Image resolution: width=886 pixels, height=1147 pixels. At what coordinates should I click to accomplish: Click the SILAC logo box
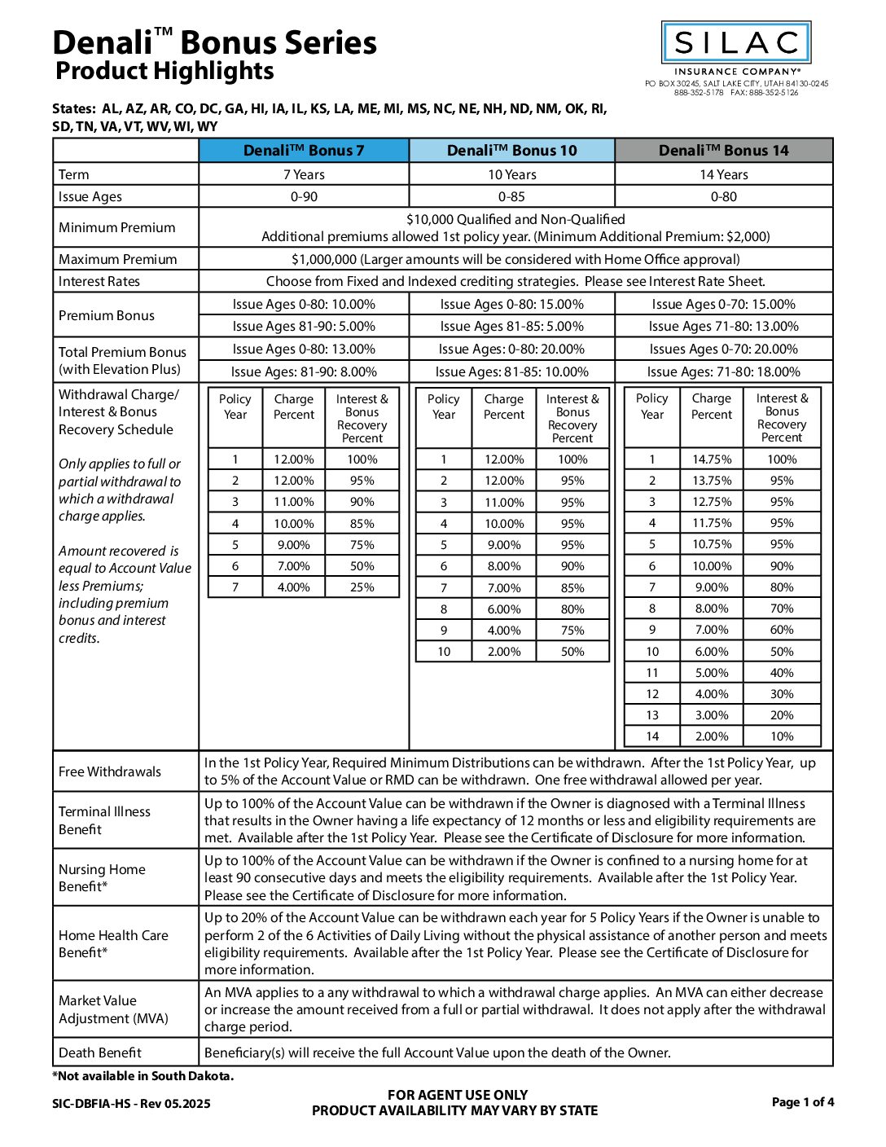735,42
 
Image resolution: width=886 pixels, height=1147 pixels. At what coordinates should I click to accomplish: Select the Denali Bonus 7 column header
304,151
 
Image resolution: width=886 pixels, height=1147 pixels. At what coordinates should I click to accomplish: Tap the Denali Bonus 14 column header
723,151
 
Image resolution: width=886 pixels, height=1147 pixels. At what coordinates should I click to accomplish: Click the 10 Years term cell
511,174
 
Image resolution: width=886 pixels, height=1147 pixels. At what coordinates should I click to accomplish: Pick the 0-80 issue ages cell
723,196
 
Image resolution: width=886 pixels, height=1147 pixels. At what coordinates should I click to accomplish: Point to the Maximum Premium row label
117,259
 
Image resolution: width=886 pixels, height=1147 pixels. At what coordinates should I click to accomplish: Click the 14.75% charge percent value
712,459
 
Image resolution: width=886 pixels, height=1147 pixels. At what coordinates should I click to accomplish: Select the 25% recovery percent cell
362,587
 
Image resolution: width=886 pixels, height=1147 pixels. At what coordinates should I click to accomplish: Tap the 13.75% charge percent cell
712,481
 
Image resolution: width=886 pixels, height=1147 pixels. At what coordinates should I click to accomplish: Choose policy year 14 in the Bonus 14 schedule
651,736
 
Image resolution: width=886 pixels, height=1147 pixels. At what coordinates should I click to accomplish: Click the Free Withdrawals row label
110,771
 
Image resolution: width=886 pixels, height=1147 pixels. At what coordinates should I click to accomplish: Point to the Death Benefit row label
100,1053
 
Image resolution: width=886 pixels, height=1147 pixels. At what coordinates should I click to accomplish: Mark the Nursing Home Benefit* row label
102,878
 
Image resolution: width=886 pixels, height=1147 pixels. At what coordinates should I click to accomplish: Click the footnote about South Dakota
143,1076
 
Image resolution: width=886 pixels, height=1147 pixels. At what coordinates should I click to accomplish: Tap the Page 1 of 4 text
803,1102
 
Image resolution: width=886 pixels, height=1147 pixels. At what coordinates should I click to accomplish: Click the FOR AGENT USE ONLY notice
457,1095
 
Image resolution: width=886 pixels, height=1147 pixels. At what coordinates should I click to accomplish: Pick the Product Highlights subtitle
164,71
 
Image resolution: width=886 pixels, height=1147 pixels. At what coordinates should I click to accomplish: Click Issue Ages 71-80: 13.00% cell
723,327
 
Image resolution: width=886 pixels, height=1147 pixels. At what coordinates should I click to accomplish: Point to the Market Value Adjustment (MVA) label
113,1009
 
